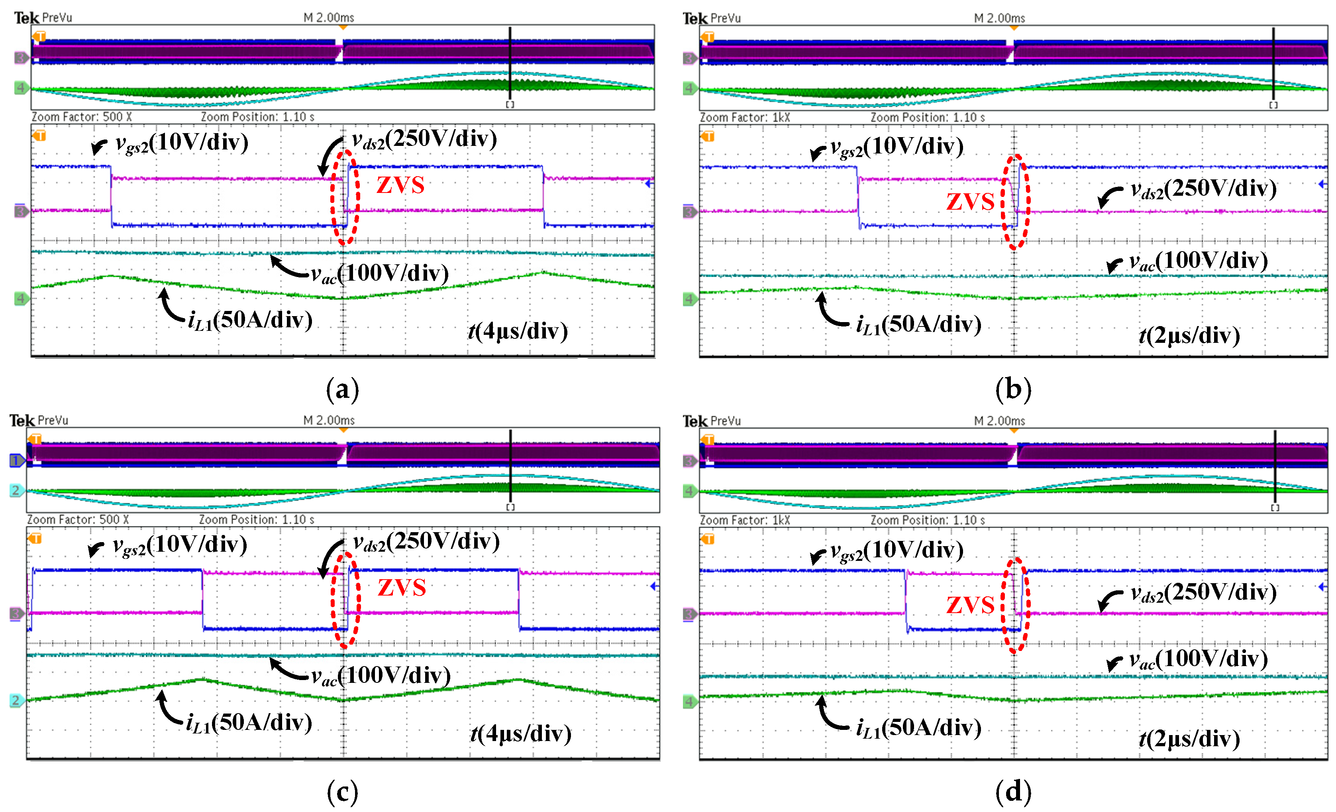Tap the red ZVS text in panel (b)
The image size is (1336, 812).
(x=970, y=202)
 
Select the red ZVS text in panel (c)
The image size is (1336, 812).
(x=401, y=588)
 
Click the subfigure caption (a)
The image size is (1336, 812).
(x=342, y=389)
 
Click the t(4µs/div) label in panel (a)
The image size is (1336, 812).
(x=518, y=331)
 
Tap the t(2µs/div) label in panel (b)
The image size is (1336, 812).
(x=1189, y=336)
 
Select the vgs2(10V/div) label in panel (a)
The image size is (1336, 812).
(x=182, y=143)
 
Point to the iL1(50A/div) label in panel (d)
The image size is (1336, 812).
(x=918, y=728)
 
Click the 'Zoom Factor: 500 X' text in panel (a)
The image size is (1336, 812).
(x=81, y=117)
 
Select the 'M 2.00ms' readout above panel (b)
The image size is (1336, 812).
(x=999, y=18)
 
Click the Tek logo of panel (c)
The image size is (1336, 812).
(x=22, y=421)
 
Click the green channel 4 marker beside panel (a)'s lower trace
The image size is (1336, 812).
(x=21, y=298)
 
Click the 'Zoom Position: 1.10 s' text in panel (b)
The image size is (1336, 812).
(x=927, y=118)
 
